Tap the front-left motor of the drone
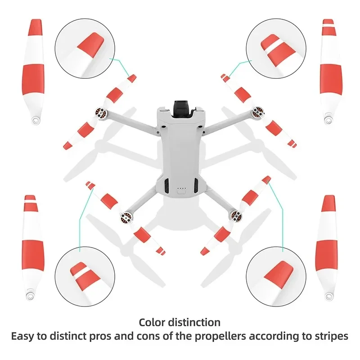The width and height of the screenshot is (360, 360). click(x=101, y=113)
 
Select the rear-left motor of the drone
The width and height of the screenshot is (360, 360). click(x=127, y=217)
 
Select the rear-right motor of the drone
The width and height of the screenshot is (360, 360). click(x=236, y=216)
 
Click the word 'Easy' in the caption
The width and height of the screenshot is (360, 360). click(x=22, y=336)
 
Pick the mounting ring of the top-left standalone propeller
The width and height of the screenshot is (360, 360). click(x=35, y=120)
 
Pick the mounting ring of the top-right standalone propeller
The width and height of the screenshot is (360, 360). click(x=328, y=119)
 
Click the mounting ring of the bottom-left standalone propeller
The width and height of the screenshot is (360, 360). click(x=31, y=296)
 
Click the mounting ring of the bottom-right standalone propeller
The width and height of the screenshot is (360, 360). click(x=329, y=296)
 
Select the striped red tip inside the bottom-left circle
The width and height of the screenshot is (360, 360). click(x=85, y=276)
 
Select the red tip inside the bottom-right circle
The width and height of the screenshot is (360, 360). click(x=279, y=273)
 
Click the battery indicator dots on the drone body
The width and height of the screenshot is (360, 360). click(x=182, y=189)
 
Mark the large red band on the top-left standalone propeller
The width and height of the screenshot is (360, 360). click(x=33, y=79)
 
